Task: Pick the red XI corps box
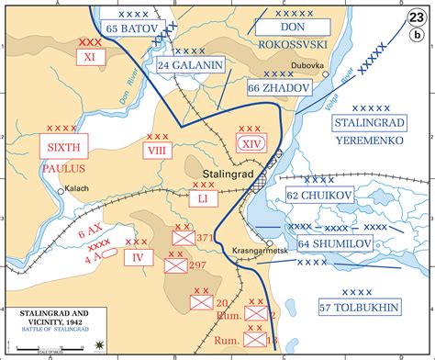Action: (x=90, y=56)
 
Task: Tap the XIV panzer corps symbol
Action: (x=250, y=143)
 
